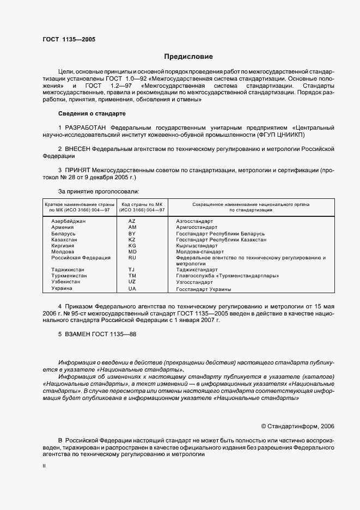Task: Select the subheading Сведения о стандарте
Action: click(x=92, y=113)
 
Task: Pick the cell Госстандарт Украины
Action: click(x=204, y=289)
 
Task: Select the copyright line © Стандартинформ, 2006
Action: click(x=298, y=426)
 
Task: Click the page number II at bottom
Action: click(x=45, y=466)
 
